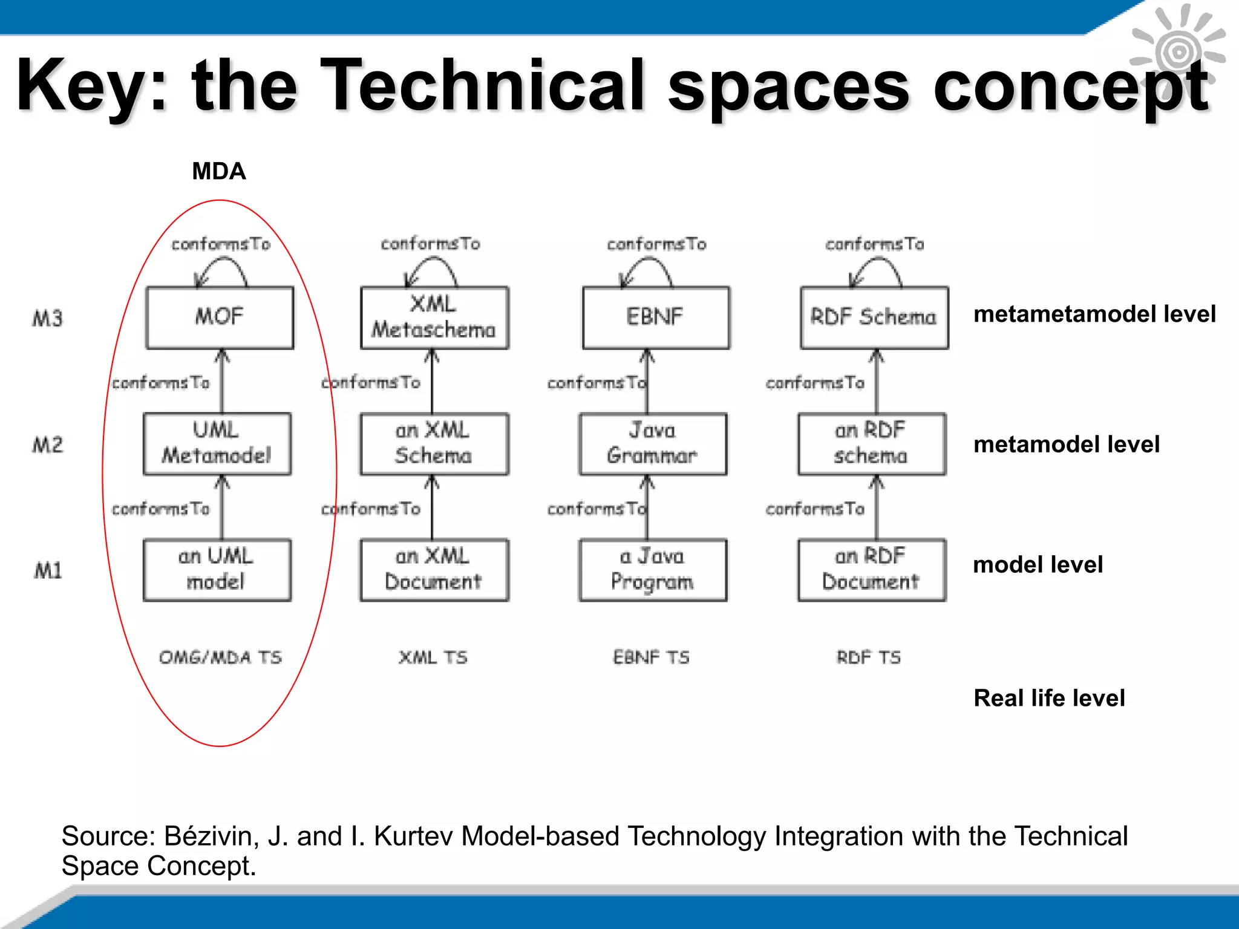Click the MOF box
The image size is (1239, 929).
coord(220,318)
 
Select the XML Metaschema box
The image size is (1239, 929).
coord(434,318)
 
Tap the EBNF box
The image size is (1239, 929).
coord(656,318)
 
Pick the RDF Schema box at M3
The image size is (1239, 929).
coord(874,318)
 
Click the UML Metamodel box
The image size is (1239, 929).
coord(217,443)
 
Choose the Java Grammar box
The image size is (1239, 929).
coord(653,443)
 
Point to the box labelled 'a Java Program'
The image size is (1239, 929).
coord(653,569)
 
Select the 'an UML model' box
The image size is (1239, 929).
coord(217,569)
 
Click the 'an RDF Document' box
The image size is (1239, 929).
coord(871,569)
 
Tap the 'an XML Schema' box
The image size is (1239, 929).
coord(434,443)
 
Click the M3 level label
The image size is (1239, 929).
coord(48,318)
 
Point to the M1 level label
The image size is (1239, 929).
coord(48,570)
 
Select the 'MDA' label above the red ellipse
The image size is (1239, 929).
coord(219,171)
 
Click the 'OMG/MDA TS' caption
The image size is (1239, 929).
coord(220,657)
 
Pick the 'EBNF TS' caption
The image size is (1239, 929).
coord(651,657)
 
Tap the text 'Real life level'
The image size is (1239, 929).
coord(1049,698)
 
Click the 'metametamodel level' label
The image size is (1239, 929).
coord(1094,314)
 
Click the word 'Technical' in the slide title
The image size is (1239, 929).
coord(482,85)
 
